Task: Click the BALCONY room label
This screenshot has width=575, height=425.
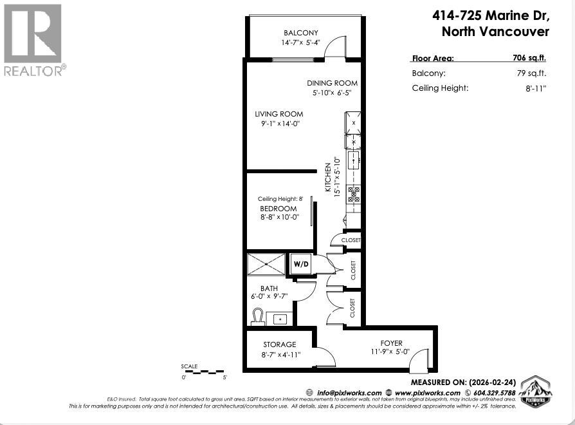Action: coord(301,33)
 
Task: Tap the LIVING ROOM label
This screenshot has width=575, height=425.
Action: coord(278,114)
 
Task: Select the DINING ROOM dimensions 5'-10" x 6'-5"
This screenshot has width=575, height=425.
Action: coord(332,93)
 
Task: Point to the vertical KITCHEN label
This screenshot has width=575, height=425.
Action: coord(327,177)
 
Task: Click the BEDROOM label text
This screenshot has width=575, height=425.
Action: coord(278,209)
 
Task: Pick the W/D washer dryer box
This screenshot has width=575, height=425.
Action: coord(301,263)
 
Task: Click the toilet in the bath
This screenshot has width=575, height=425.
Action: coord(258,317)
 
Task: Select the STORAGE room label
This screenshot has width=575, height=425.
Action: coord(280,345)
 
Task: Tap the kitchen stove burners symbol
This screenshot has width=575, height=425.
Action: coord(354,194)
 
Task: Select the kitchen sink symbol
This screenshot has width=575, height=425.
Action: coord(354,160)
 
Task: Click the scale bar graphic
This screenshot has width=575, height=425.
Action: coord(204,372)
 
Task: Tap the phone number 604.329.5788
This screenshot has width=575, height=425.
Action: coord(493,393)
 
